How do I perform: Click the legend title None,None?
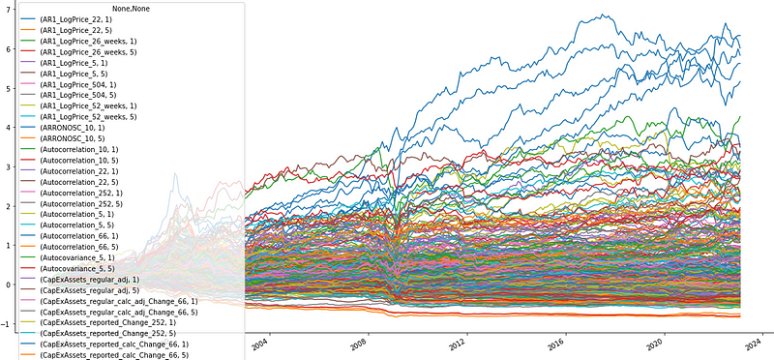124,10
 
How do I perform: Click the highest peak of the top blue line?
605,15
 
